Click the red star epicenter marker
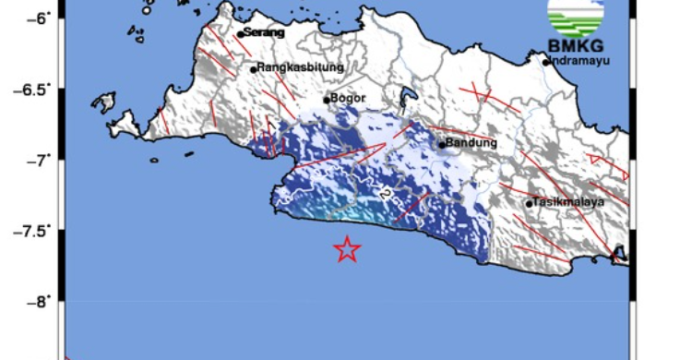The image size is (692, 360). (346, 248)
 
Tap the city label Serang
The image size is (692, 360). (264, 33)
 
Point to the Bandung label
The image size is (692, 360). (472, 143)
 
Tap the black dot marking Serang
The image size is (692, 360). (240, 34)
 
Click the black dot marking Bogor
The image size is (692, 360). (327, 100)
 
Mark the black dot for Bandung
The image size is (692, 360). (442, 144)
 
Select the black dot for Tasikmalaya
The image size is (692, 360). (530, 204)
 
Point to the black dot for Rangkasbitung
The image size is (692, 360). (253, 69)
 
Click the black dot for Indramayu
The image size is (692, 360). (546, 62)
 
